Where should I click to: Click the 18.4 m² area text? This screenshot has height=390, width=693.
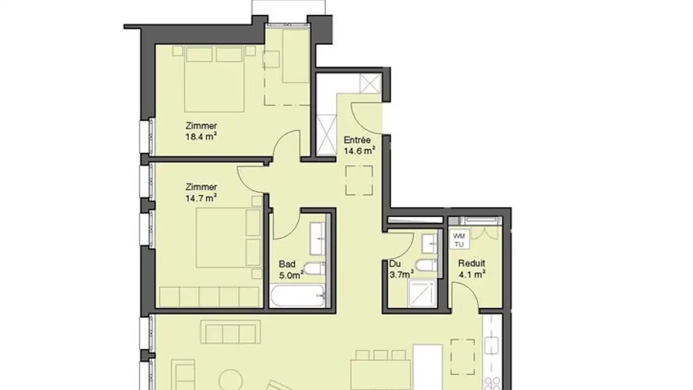click(201, 136)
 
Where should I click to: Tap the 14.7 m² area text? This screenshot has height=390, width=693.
click(201, 197)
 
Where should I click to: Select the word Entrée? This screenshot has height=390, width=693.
click(357, 140)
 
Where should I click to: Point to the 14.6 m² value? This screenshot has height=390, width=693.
click(359, 151)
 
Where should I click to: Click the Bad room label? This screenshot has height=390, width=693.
click(287, 264)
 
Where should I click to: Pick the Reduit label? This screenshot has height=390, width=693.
click(471, 263)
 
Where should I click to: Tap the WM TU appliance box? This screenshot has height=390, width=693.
click(459, 240)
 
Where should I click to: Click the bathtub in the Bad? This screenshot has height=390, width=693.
click(297, 296)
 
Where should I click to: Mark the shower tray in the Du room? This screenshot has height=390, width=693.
click(422, 293)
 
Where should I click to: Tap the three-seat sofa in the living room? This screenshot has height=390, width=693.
click(230, 333)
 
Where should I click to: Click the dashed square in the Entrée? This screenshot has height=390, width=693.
click(359, 180)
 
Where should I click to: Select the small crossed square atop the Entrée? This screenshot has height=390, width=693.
click(371, 83)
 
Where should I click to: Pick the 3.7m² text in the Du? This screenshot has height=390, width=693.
click(401, 275)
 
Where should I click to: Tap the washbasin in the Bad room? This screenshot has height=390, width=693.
click(318, 239)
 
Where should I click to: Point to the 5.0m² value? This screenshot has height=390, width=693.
click(291, 275)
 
